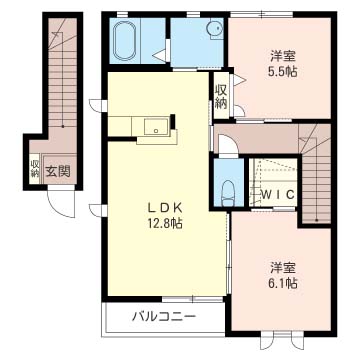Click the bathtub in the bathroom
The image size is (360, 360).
[x=125, y=42]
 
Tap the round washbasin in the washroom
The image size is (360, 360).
[x=214, y=28]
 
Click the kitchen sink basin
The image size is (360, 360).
[x=156, y=126]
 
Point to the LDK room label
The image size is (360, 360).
[x=165, y=208]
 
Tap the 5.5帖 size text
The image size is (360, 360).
[x=283, y=72]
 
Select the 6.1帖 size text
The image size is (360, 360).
[x=283, y=283]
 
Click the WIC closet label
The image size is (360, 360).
[x=277, y=194]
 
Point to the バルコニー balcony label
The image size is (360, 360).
[x=164, y=316]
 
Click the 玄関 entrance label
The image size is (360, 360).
[x=58, y=171]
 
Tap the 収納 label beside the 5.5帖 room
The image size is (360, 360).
[x=221, y=97]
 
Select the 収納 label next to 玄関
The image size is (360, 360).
[x=34, y=169]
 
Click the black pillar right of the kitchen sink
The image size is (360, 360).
[x=173, y=121]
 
